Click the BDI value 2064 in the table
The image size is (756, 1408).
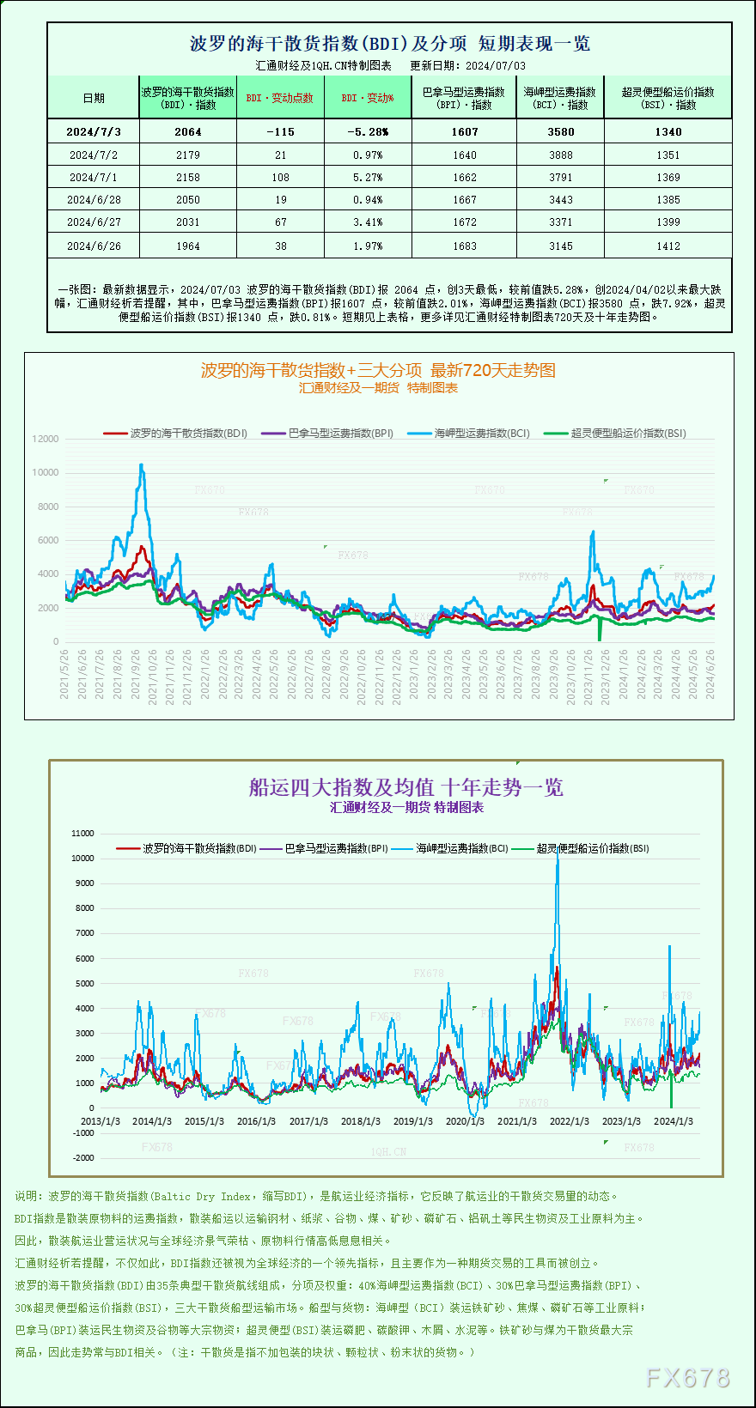pyautogui.click(x=187, y=132)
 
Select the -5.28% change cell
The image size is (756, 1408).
pyautogui.click(x=368, y=132)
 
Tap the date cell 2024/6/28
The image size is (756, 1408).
pyautogui.click(x=94, y=200)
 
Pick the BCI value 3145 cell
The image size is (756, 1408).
pyautogui.click(x=560, y=246)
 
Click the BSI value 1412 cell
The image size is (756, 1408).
pyautogui.click(x=668, y=246)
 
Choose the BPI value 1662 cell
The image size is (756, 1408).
pyautogui.click(x=464, y=178)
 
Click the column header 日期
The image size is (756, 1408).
pyautogui.click(x=94, y=98)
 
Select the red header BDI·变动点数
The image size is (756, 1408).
pyautogui.click(x=280, y=98)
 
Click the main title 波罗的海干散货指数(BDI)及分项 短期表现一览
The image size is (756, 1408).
pyautogui.click(x=389, y=43)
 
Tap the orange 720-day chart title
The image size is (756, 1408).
pyautogui.click(x=378, y=370)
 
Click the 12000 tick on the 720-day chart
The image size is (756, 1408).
pyautogui.click(x=46, y=439)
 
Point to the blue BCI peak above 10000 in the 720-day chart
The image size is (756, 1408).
pyautogui.click(x=142, y=466)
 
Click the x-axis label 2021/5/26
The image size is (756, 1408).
pyautogui.click(x=64, y=674)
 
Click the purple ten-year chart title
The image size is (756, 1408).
pyautogui.click(x=405, y=787)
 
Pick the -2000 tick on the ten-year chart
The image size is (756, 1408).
pyautogui.click(x=83, y=1158)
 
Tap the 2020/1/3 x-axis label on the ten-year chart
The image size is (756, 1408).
pyautogui.click(x=465, y=1121)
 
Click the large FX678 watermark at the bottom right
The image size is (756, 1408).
pyautogui.click(x=687, y=1378)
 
